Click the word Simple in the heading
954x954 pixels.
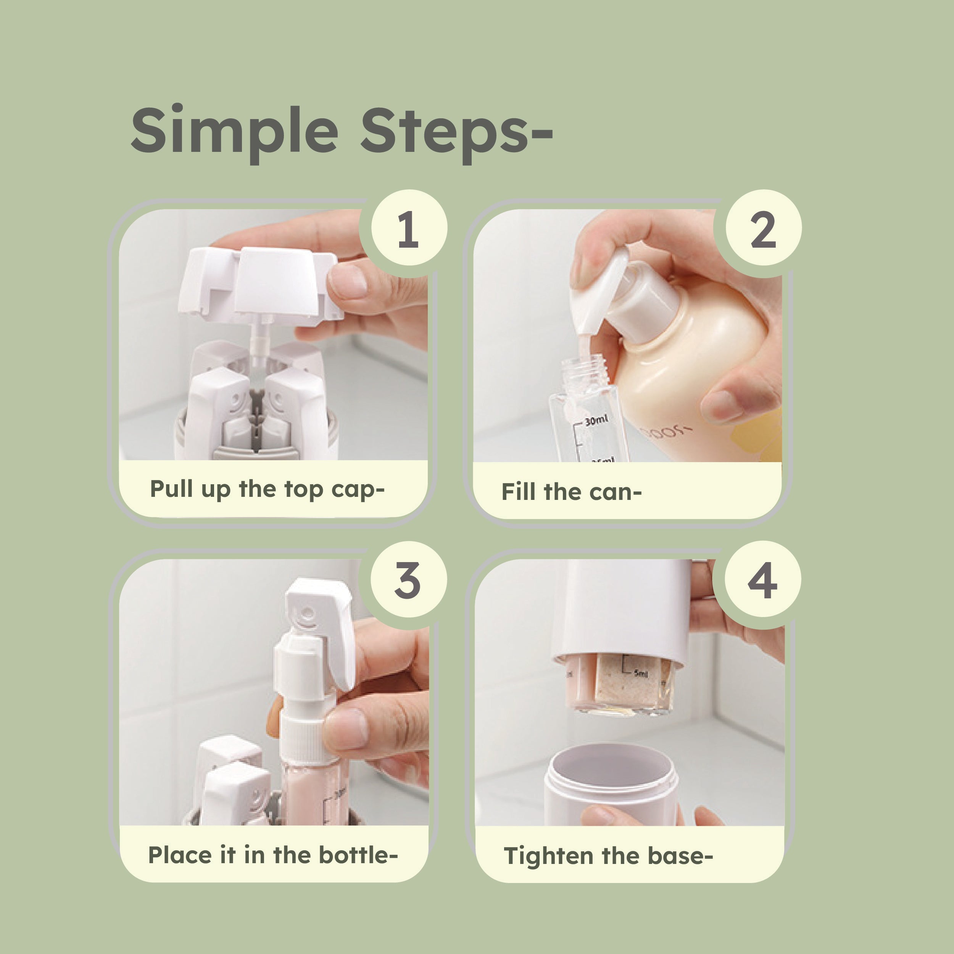tap(234, 131)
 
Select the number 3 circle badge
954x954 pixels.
tap(408, 580)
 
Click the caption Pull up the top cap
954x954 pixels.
tap(267, 489)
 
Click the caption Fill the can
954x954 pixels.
tap(571, 492)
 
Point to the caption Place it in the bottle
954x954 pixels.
tap(272, 855)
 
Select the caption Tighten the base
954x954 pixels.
tap(608, 856)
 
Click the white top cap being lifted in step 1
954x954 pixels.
tap(262, 282)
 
